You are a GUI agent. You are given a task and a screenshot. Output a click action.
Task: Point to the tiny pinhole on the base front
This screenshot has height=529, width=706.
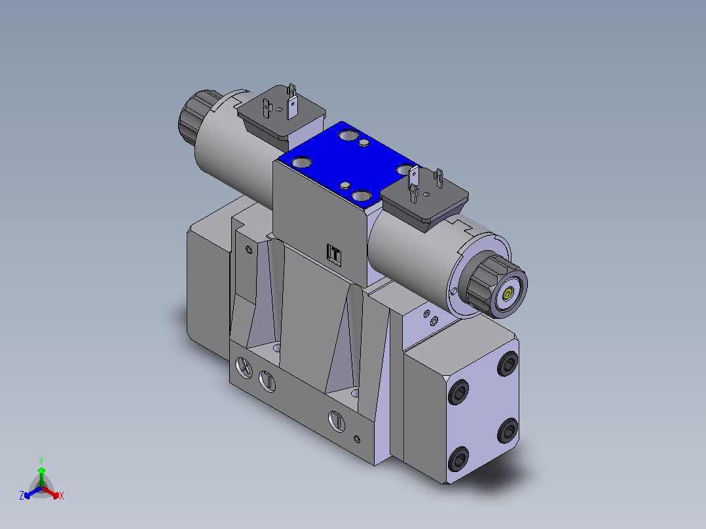pos(356,438)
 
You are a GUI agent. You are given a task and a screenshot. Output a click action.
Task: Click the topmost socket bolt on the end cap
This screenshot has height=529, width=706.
pos(508,365)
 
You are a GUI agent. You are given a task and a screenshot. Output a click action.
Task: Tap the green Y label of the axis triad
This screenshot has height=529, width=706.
pos(41,460)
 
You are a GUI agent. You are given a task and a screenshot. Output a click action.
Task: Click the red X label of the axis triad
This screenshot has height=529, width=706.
pos(62,496)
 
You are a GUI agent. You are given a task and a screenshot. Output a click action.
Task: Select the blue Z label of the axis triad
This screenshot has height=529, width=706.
pos(22,496)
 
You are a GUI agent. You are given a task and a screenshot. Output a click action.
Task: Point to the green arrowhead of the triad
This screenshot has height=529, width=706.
pos(41,470)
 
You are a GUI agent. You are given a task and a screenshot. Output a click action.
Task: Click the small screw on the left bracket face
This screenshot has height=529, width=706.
pos(248,249)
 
